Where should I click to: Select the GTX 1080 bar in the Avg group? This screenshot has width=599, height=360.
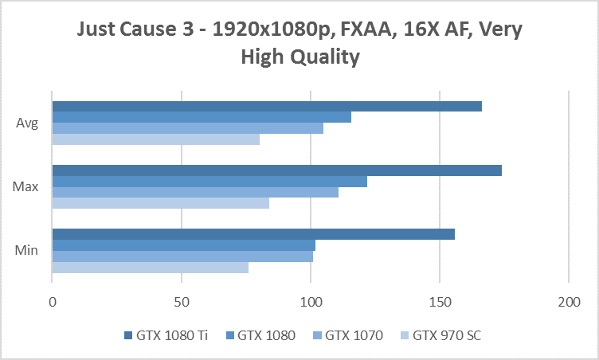[x=202, y=117]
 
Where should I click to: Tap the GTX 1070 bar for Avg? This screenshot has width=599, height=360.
[x=187, y=128]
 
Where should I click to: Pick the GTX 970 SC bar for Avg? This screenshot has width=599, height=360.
[x=156, y=139]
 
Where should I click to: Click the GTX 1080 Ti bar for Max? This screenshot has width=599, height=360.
[x=276, y=170]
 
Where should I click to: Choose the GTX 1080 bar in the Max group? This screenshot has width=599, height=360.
[x=209, y=182]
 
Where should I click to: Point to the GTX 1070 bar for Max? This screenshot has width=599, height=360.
[x=195, y=192]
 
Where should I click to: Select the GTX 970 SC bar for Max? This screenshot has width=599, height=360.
[x=161, y=203]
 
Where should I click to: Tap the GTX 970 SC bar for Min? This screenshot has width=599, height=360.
[x=151, y=267]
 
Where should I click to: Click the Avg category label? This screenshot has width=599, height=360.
[x=27, y=123]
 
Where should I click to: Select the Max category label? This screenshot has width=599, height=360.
[x=26, y=187]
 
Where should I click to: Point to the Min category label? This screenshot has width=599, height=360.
[x=26, y=251]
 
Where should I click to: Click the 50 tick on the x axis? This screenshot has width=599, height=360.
[x=182, y=302]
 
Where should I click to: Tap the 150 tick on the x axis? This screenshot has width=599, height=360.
[x=440, y=302]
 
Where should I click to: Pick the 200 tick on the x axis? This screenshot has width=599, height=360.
[x=569, y=302]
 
